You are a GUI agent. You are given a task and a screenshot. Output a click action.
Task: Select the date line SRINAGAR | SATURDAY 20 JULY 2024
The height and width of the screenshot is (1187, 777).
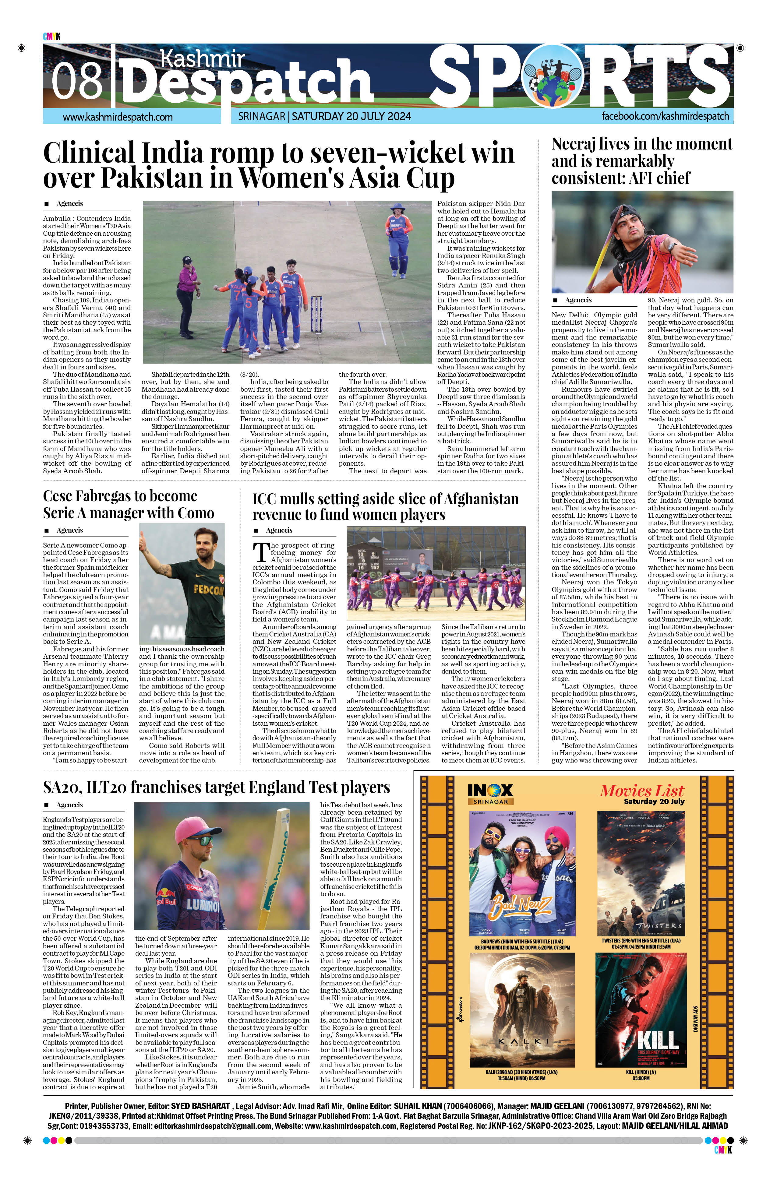tap(325, 117)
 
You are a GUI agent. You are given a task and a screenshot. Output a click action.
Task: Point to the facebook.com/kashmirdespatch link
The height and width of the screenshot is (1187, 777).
tap(665, 116)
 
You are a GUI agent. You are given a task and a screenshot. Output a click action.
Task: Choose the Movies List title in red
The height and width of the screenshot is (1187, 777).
tap(641, 791)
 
